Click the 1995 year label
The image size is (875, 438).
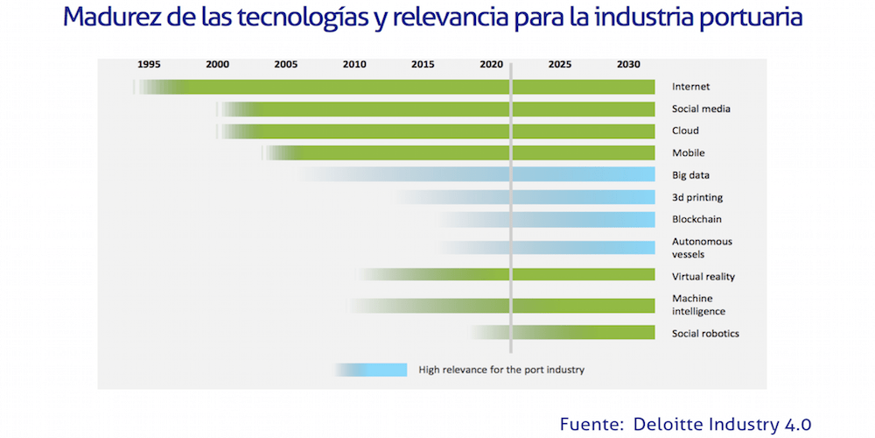click(149, 64)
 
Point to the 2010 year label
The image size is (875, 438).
click(354, 64)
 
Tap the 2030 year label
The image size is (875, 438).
click(627, 64)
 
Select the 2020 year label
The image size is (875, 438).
click(491, 64)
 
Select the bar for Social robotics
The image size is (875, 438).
click(577, 333)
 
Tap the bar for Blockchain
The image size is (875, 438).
click(569, 219)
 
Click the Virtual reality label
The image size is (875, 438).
click(703, 277)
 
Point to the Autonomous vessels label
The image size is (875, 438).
click(702, 247)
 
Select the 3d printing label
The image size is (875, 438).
click(697, 198)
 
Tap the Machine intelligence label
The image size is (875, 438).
click(698, 305)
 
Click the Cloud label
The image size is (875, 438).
click(685, 131)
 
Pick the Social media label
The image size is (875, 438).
click(701, 109)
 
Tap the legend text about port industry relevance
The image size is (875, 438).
click(500, 370)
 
